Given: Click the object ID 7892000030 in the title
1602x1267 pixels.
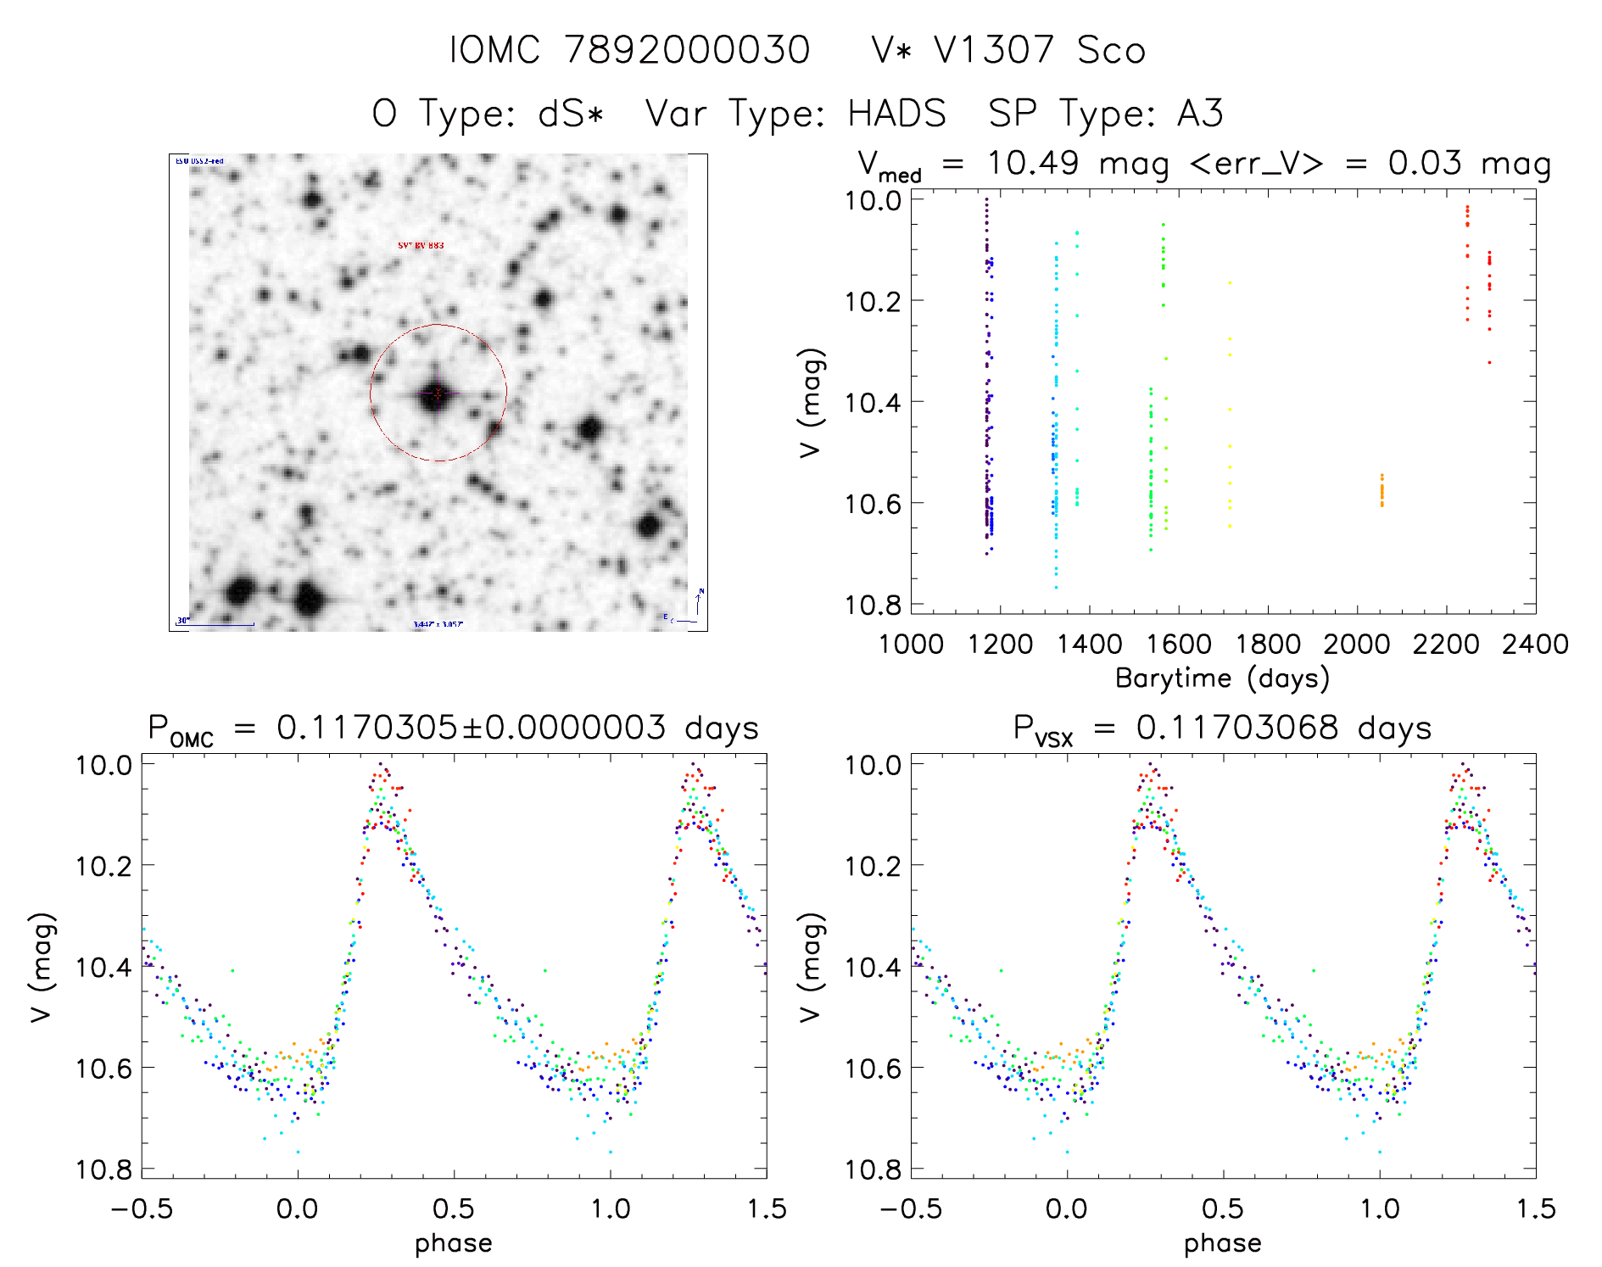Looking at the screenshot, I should pos(687,50).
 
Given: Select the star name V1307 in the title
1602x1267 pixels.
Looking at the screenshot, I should pos(993,50).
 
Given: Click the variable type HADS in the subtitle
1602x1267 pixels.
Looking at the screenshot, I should pos(896,114).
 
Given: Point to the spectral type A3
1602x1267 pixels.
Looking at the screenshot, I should pos(1200,114).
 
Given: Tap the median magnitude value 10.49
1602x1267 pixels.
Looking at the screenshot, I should pos(1032,163).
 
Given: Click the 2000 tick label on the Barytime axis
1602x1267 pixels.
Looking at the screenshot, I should pos(1356,645).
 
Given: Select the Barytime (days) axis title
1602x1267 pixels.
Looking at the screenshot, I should pos(1222,678).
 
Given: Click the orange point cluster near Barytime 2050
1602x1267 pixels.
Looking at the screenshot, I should pos(1382,491).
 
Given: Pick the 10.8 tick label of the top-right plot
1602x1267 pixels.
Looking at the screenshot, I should pos(873,605).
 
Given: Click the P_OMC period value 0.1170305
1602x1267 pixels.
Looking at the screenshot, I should pos(366,728).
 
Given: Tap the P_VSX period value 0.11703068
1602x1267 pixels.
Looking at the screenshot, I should pos(1237,728).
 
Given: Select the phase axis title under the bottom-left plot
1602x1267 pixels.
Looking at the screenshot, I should pos(454,1244).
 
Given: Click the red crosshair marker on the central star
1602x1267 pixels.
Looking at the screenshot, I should pos(438,393).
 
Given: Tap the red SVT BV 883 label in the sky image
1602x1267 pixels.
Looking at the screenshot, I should pos(421,246).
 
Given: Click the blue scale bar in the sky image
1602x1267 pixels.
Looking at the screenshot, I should pos(216,625).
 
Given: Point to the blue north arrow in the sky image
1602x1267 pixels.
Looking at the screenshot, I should pos(699,602).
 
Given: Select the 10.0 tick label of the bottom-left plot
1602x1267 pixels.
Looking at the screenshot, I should pos(103,765).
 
